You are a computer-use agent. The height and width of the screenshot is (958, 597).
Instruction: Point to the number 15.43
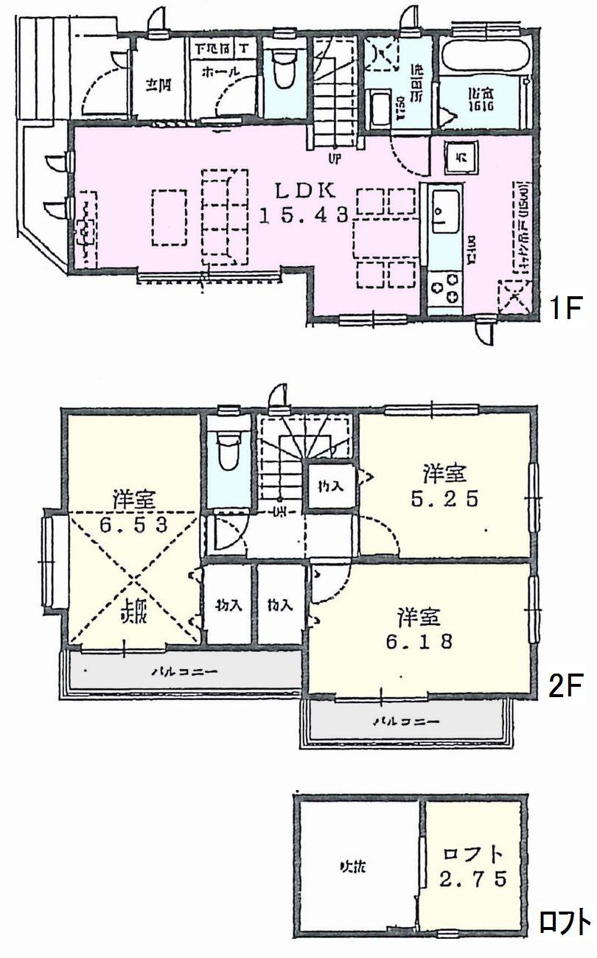click(305, 215)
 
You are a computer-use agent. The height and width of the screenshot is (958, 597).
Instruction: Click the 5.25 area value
click(444, 499)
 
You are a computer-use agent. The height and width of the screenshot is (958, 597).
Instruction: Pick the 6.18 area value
click(418, 641)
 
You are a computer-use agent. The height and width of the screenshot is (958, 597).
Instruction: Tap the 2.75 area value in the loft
click(473, 879)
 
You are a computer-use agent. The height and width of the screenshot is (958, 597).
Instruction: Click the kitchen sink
click(444, 211)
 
